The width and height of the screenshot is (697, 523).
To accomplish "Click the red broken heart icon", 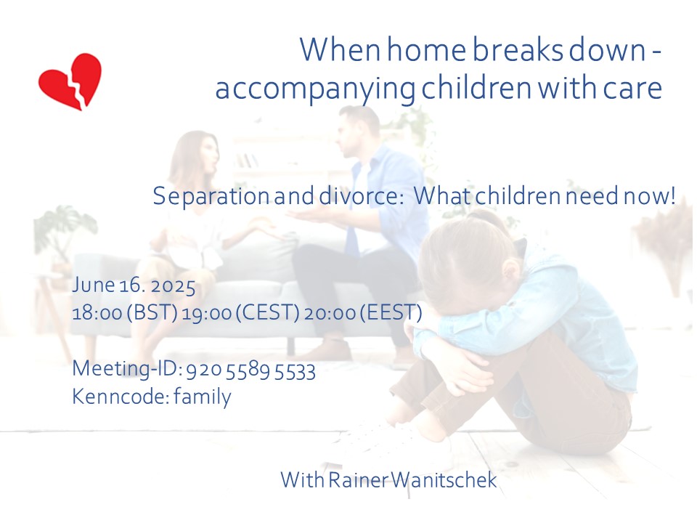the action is click(x=70, y=81).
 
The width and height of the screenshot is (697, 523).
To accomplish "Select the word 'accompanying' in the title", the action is click(x=315, y=89).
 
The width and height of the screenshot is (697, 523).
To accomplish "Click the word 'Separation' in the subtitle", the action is click(x=211, y=196).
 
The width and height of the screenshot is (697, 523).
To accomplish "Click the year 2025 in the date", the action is click(x=173, y=285).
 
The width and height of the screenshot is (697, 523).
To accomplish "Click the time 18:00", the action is click(x=97, y=313).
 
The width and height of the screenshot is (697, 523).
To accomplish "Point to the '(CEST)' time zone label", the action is click(x=266, y=312).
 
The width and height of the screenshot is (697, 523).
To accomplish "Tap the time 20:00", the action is click(x=330, y=313).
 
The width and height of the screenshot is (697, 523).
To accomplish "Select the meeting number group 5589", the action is click(x=248, y=371).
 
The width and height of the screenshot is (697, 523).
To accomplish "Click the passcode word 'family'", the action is click(x=203, y=397).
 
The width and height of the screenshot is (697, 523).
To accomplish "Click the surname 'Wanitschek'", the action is click(x=444, y=480).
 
